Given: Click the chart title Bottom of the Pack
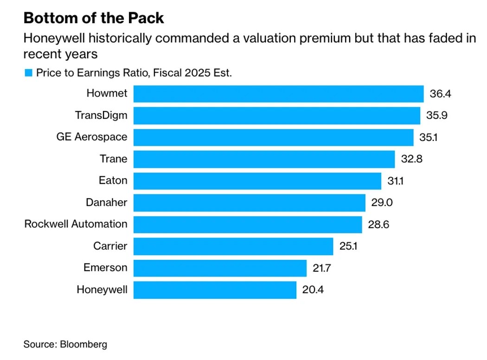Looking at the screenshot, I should tap(93, 18).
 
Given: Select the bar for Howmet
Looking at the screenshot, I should tap(278, 94).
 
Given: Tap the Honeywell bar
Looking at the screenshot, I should tap(215, 290).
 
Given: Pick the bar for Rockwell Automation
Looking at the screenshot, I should tap(248, 225).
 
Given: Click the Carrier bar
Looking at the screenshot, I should tap(233, 246).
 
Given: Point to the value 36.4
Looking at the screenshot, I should tap(440, 94).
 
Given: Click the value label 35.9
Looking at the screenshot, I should tap(436, 116).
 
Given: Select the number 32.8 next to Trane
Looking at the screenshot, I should tap(412, 159).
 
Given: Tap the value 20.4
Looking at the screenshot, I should tap(313, 290).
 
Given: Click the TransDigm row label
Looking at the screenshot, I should tap(101, 116).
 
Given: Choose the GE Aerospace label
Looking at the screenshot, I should tap(92, 137).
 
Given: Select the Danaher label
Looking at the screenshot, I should tap(106, 203).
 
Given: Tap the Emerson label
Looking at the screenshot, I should tap(105, 268).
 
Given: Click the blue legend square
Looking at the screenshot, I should tap(28, 73).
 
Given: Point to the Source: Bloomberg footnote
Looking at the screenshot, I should tap(65, 344).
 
